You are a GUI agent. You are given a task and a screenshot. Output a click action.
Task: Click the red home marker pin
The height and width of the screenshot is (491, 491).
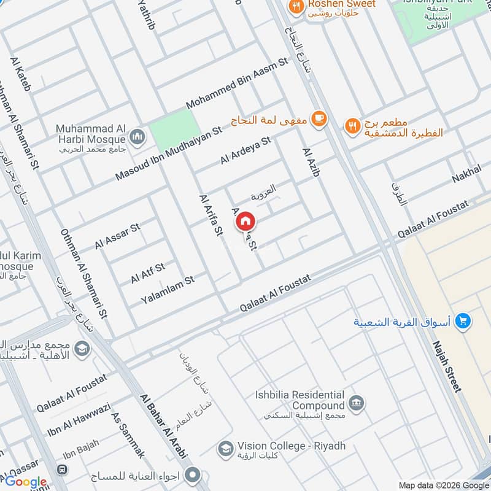(245, 220)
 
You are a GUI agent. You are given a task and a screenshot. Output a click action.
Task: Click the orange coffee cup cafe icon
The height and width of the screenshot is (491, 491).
(317, 118)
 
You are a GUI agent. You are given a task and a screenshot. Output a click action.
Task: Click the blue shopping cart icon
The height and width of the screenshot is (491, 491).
(463, 320)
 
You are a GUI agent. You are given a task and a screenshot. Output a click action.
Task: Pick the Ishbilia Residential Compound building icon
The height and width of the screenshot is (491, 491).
(355, 403)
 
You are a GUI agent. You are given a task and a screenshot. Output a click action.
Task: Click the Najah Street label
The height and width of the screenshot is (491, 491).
(446, 366)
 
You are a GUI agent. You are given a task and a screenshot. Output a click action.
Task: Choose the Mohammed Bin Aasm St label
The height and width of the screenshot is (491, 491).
(237, 84)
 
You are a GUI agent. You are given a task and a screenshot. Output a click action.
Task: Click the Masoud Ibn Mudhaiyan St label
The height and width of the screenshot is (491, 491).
(168, 154)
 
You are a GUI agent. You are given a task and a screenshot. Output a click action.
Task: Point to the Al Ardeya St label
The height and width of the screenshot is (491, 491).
(245, 151)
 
